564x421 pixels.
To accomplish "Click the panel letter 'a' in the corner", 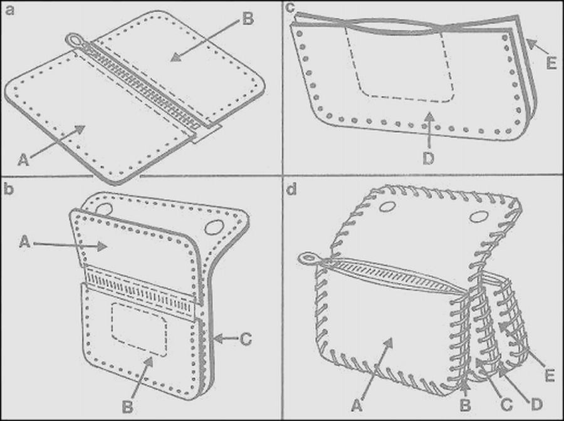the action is pyautogui.click(x=9, y=10).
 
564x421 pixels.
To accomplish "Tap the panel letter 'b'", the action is pyautogui.click(x=9, y=188).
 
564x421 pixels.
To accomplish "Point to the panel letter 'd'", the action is pyautogui.click(x=291, y=189).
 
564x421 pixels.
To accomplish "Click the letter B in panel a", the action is pyautogui.click(x=248, y=19).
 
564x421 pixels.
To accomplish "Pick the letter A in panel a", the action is pyautogui.click(x=23, y=160).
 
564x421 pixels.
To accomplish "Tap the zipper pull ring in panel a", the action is pyautogui.click(x=74, y=39).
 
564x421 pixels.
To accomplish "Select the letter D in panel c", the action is pyautogui.click(x=429, y=159).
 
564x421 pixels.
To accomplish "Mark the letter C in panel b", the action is pyautogui.click(x=246, y=339).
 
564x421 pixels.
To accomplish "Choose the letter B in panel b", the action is pyautogui.click(x=128, y=407).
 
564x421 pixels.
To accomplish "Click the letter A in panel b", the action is pyautogui.click(x=24, y=242).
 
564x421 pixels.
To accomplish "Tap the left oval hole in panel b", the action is pyautogui.click(x=105, y=209).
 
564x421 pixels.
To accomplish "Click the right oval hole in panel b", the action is pyautogui.click(x=214, y=227).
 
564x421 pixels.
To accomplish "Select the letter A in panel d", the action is pyautogui.click(x=357, y=406).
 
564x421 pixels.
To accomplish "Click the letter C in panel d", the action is pyautogui.click(x=506, y=405).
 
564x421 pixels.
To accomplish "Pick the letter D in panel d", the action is pyautogui.click(x=536, y=405).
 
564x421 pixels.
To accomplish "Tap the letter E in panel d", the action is pyautogui.click(x=549, y=375).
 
